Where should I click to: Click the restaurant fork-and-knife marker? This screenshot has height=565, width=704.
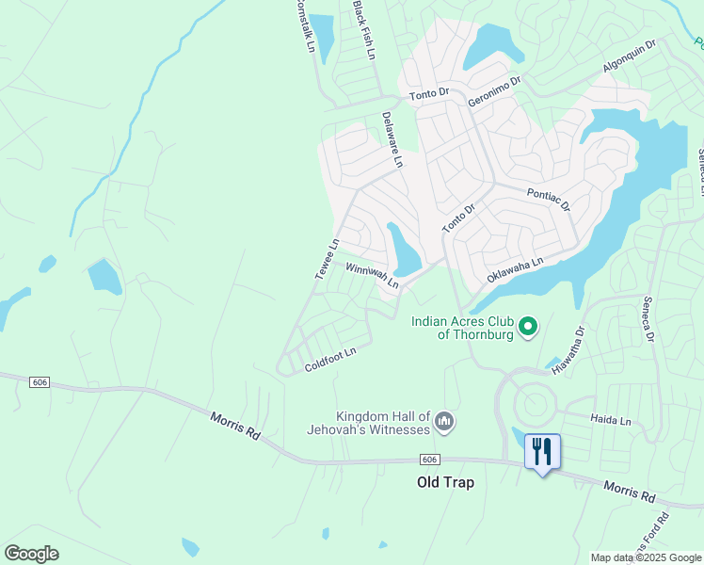(x=541, y=451)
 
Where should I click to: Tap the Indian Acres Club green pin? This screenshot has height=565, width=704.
(x=528, y=327)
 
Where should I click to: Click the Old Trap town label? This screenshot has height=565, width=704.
(x=445, y=482)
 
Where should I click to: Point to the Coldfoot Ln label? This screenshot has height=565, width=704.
(x=330, y=360)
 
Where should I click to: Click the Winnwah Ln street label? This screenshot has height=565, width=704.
(x=373, y=275)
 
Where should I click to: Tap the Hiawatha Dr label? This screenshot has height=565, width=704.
(x=568, y=350)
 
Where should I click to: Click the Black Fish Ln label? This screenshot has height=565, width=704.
(x=363, y=30)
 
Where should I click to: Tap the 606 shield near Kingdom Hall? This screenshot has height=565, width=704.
(x=429, y=459)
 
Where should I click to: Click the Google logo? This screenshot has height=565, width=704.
(x=31, y=554)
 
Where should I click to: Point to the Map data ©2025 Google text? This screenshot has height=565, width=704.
(x=645, y=557)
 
